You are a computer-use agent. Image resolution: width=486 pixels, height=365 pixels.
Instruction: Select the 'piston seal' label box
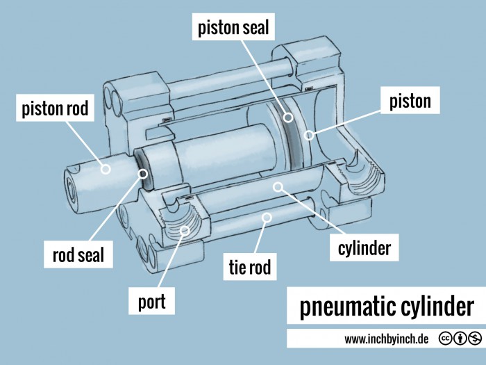pos(233,29)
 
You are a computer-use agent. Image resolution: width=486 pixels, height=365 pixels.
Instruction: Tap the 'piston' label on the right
pos(410,102)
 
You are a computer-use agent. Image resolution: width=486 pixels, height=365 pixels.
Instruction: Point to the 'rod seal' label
pos(78,255)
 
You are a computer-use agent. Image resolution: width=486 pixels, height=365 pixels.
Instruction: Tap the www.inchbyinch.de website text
pos(386,339)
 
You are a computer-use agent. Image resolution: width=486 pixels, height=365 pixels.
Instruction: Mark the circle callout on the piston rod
pos(106,168)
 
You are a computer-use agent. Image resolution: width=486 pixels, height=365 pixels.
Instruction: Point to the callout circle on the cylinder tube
pos(277,186)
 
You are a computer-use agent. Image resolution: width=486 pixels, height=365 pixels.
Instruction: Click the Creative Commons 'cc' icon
pos(444,339)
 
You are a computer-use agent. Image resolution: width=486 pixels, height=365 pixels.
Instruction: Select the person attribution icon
pos(460,339)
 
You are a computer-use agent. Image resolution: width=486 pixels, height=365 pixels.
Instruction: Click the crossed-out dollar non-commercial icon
pos(475,339)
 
